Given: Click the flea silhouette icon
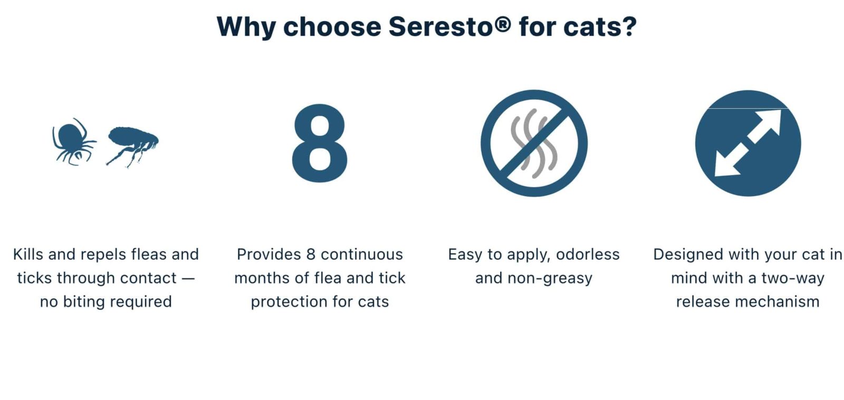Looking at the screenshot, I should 132,144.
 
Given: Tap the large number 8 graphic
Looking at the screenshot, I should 319,143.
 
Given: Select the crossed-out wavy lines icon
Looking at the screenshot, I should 534,143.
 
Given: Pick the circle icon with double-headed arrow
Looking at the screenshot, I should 747,143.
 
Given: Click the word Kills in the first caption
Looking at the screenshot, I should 28,254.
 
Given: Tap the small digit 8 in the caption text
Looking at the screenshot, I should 311,254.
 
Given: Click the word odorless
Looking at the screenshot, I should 588,254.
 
